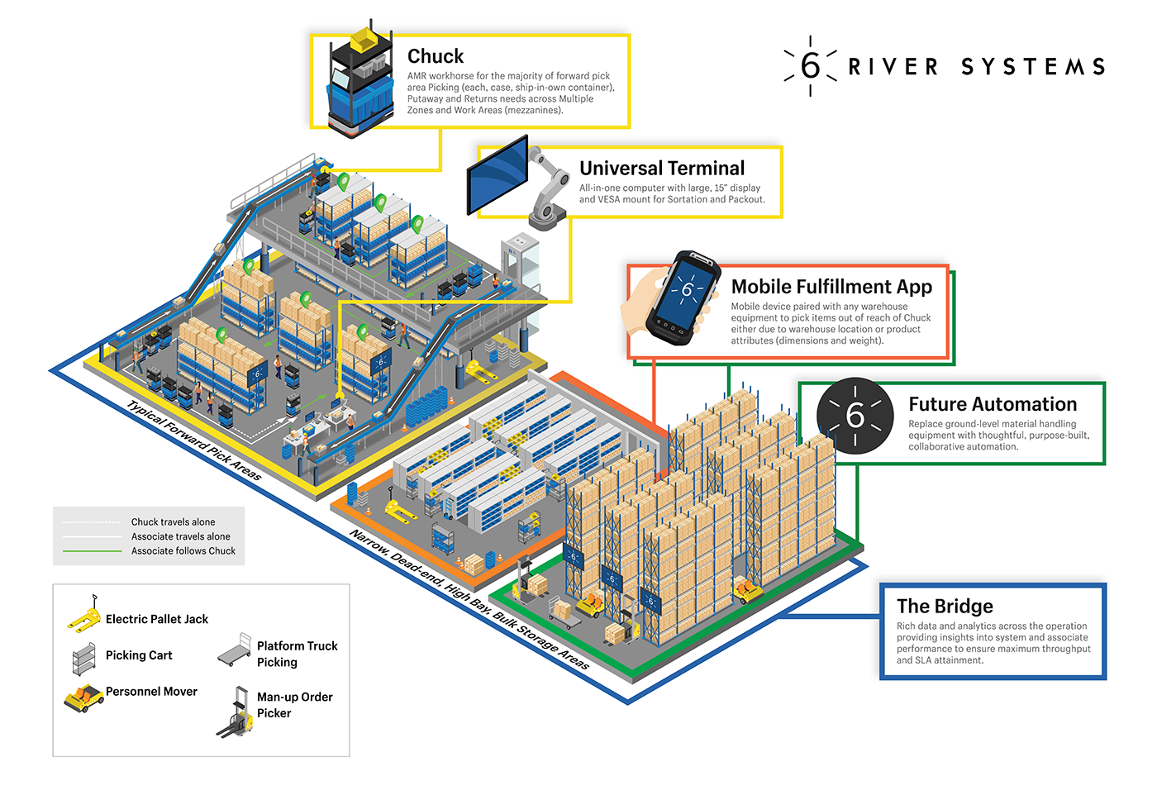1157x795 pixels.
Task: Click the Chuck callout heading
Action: tap(435, 56)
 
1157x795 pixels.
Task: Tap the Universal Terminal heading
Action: tap(661, 169)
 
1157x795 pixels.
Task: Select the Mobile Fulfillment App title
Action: tap(831, 287)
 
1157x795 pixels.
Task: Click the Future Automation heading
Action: tap(992, 404)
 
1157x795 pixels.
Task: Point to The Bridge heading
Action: tap(945, 607)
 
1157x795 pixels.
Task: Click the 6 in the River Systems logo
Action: tap(810, 66)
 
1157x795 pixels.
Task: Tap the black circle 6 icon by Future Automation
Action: tap(855, 416)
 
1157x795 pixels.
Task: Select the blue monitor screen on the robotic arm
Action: tap(498, 175)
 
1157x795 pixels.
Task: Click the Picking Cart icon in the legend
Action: tap(84, 659)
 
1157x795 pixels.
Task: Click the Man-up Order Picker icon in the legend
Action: tap(236, 712)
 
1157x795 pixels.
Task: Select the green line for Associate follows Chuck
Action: tap(92, 551)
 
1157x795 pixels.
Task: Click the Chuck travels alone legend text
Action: tap(173, 522)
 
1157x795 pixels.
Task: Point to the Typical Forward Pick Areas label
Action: tap(194, 440)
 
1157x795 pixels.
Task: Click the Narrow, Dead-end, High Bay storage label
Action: tap(469, 600)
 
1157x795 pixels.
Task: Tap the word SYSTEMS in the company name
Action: tap(1032, 67)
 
